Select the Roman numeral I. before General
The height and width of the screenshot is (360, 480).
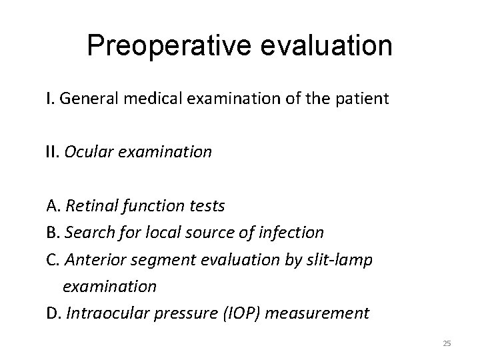50,100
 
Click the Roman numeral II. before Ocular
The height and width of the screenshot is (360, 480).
53,152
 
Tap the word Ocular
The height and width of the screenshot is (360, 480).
87,152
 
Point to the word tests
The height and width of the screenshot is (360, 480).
205,205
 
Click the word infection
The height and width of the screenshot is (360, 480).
291,233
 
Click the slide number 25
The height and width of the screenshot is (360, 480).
447,343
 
